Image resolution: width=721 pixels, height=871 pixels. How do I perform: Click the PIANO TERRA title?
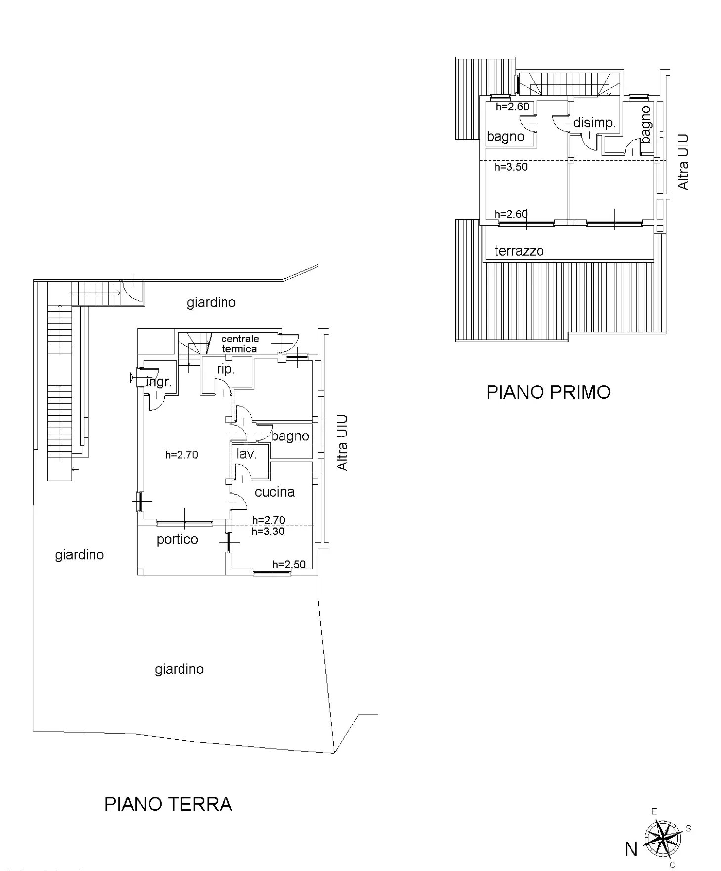click(x=168, y=804)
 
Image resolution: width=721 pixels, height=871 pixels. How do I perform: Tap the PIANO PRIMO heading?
click(x=548, y=392)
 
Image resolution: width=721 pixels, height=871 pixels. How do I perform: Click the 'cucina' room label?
click(x=274, y=492)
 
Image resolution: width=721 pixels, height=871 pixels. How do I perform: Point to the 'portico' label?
click(x=177, y=539)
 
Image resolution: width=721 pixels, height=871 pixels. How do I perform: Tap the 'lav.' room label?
click(x=246, y=454)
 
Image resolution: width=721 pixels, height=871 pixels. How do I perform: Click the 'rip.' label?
click(x=225, y=369)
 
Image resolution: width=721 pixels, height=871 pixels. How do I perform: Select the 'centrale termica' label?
click(x=240, y=343)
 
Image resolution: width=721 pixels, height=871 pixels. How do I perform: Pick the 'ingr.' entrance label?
click(x=159, y=382)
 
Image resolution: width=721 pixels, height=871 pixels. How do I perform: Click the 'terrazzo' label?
click(x=519, y=251)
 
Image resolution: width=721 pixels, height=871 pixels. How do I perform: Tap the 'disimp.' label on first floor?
click(x=594, y=123)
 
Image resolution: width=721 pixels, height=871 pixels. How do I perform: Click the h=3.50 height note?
click(x=511, y=167)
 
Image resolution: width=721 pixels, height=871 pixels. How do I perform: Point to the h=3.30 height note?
click(x=268, y=532)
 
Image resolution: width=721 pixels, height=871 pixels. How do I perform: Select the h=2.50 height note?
click(x=289, y=564)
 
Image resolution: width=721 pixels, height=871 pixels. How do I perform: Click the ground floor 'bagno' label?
click(x=290, y=436)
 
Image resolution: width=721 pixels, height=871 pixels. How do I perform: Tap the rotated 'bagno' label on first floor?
click(x=646, y=125)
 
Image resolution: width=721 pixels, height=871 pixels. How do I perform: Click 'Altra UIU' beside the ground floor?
click(x=342, y=443)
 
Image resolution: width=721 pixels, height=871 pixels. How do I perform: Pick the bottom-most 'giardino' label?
click(x=179, y=669)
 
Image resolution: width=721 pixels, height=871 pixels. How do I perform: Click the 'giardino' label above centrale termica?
click(x=211, y=302)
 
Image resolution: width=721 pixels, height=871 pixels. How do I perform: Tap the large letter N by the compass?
click(x=631, y=849)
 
